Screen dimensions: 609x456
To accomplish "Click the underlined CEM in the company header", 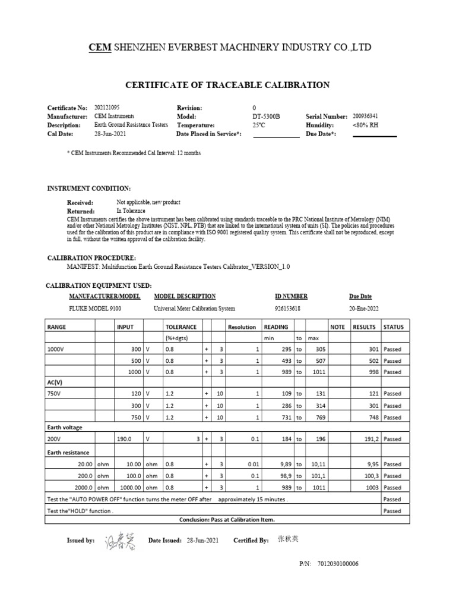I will tap(100, 47).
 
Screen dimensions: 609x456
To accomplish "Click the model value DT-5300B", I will tap(267, 117).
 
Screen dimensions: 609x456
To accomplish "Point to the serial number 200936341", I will tap(368, 117).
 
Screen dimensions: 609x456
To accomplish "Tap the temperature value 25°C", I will tap(259, 125).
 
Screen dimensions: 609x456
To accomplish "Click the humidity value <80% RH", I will tap(365, 125).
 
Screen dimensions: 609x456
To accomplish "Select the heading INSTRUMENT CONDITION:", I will tap(89, 189).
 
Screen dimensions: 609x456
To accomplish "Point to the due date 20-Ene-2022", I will tap(364, 309).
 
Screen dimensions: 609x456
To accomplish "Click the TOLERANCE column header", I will tap(181, 327).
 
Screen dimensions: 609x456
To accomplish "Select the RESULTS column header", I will tap(364, 327).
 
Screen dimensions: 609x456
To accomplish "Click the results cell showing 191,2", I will tap(368, 439).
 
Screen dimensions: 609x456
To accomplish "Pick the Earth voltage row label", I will tap(65, 427).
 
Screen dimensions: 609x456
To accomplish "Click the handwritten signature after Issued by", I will tap(121, 541).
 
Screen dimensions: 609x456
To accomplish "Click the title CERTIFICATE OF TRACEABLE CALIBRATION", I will tap(227, 85).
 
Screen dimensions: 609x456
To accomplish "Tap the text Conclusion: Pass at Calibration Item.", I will tap(227, 519).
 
